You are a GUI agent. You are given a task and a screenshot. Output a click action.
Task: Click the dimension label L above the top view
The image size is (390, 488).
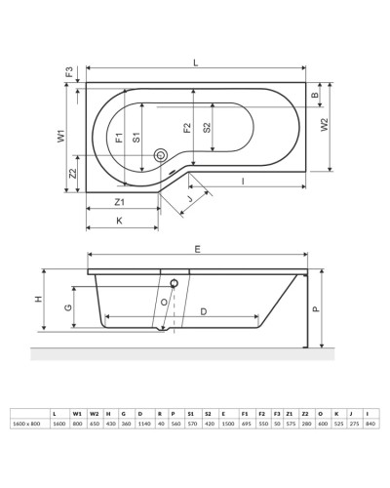(196, 61)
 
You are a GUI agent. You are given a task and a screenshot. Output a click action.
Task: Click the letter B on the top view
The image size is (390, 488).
(315, 96)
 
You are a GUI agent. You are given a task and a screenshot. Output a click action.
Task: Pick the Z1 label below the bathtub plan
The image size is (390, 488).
(119, 202)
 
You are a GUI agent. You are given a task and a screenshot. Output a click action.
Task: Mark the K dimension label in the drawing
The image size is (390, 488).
(119, 221)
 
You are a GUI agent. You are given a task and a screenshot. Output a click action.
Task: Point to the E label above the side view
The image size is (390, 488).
(198, 250)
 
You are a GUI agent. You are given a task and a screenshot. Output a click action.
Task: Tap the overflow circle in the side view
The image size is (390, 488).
(174, 283)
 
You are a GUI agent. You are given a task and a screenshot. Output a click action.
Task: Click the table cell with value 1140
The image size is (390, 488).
(142, 423)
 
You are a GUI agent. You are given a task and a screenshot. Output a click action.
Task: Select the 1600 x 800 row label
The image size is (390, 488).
(26, 423)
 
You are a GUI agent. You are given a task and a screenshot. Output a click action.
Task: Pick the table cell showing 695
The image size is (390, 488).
(244, 423)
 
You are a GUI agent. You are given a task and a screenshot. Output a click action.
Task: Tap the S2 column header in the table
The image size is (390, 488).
(208, 412)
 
